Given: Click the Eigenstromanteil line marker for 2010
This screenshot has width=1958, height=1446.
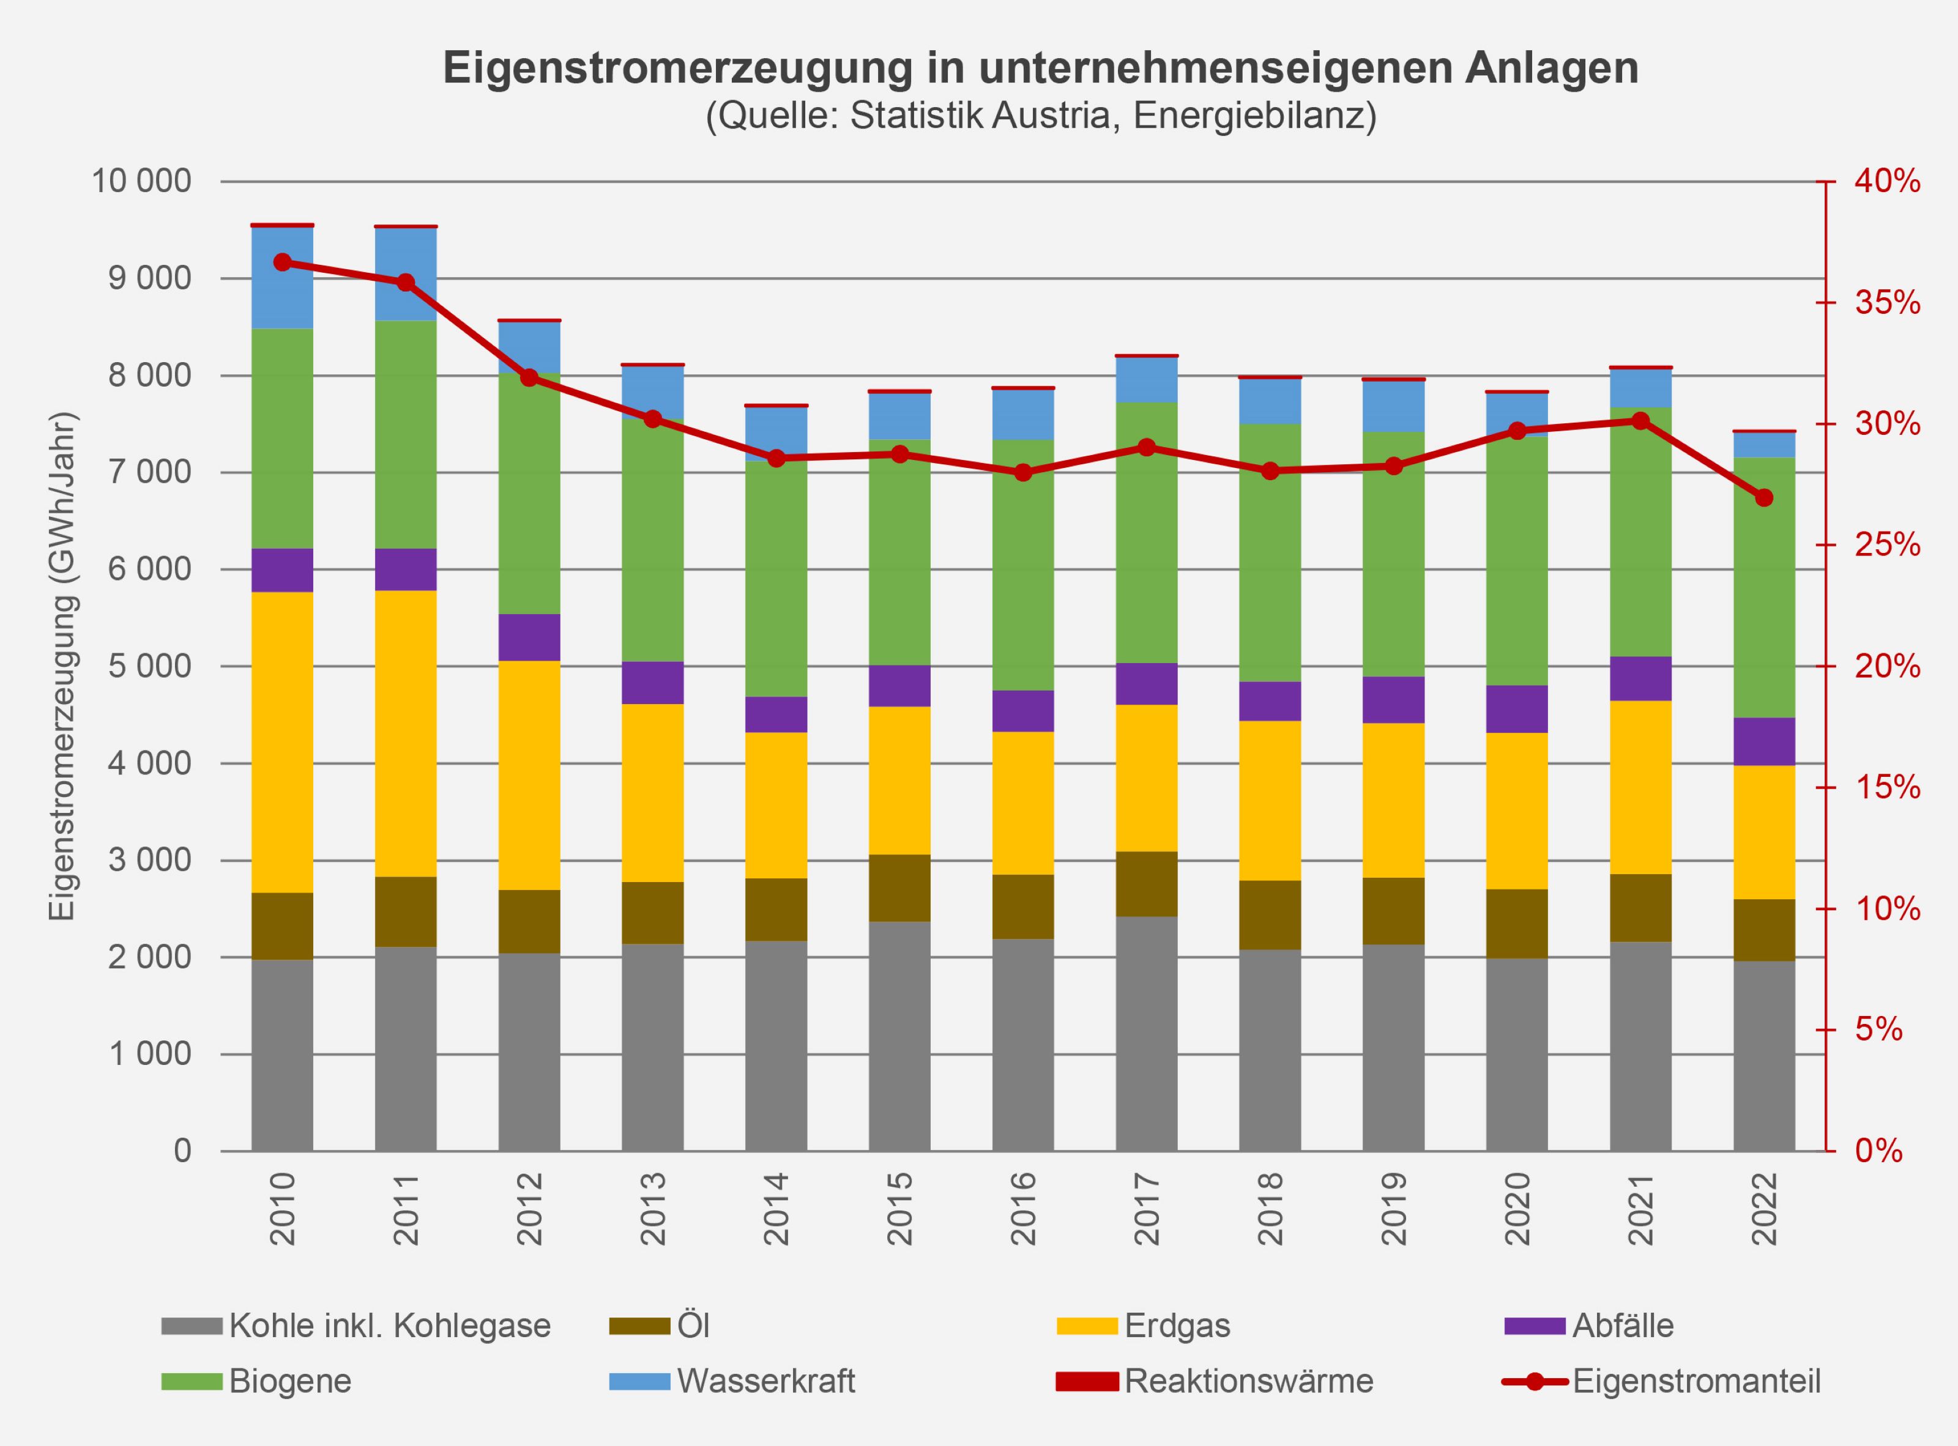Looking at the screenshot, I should coord(282,262).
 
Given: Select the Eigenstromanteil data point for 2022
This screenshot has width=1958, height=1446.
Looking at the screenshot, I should coord(1765,498).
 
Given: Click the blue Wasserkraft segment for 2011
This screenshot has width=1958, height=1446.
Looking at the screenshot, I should coord(406,274).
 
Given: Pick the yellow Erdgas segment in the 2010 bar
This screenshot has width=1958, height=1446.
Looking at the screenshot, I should coord(282,742).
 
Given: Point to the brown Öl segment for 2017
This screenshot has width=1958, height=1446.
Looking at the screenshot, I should coord(1146,884).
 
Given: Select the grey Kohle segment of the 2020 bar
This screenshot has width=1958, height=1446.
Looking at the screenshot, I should coord(1517,1055).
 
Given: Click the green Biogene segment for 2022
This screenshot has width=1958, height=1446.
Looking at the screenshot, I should coord(1765,587).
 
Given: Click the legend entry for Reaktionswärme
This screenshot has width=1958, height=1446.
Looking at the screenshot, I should coord(1248,1381).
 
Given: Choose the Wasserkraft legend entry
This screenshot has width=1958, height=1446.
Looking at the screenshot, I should coord(765,1381).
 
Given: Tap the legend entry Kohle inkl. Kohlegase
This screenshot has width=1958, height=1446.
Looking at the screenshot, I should coord(390,1325).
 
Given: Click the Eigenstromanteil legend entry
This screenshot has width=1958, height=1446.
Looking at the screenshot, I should coord(1696,1381).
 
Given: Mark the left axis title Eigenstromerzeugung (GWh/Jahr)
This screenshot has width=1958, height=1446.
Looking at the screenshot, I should coord(62,666).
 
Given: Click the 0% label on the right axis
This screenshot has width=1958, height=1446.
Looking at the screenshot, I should coord(1878,1151).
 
